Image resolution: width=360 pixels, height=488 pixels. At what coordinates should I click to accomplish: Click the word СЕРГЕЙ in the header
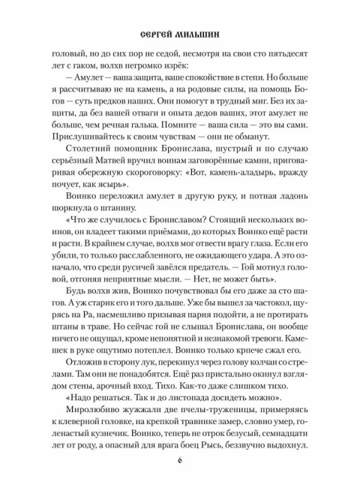157,35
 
